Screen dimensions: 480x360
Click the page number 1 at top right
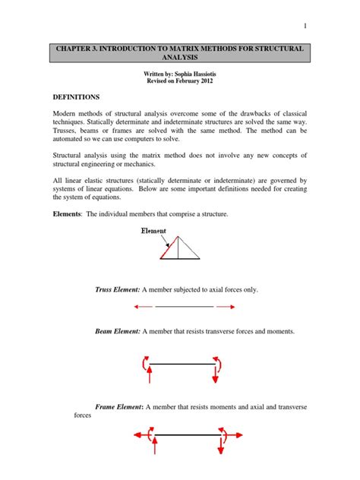click(x=305, y=27)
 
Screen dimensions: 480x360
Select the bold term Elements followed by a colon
click(x=68, y=215)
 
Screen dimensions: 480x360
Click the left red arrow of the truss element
click(x=143, y=307)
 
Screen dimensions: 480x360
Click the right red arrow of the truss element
click(x=226, y=307)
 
